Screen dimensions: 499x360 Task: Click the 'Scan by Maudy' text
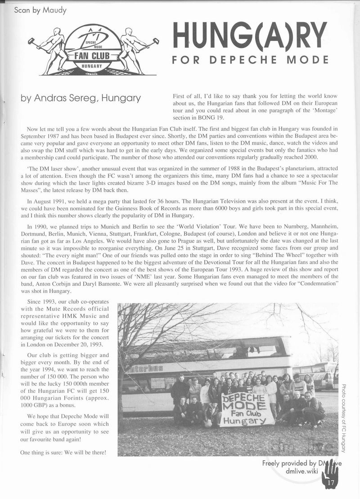point(40,10)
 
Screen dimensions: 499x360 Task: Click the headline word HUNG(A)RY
point(250,36)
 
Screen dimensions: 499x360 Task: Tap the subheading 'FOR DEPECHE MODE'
point(250,60)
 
